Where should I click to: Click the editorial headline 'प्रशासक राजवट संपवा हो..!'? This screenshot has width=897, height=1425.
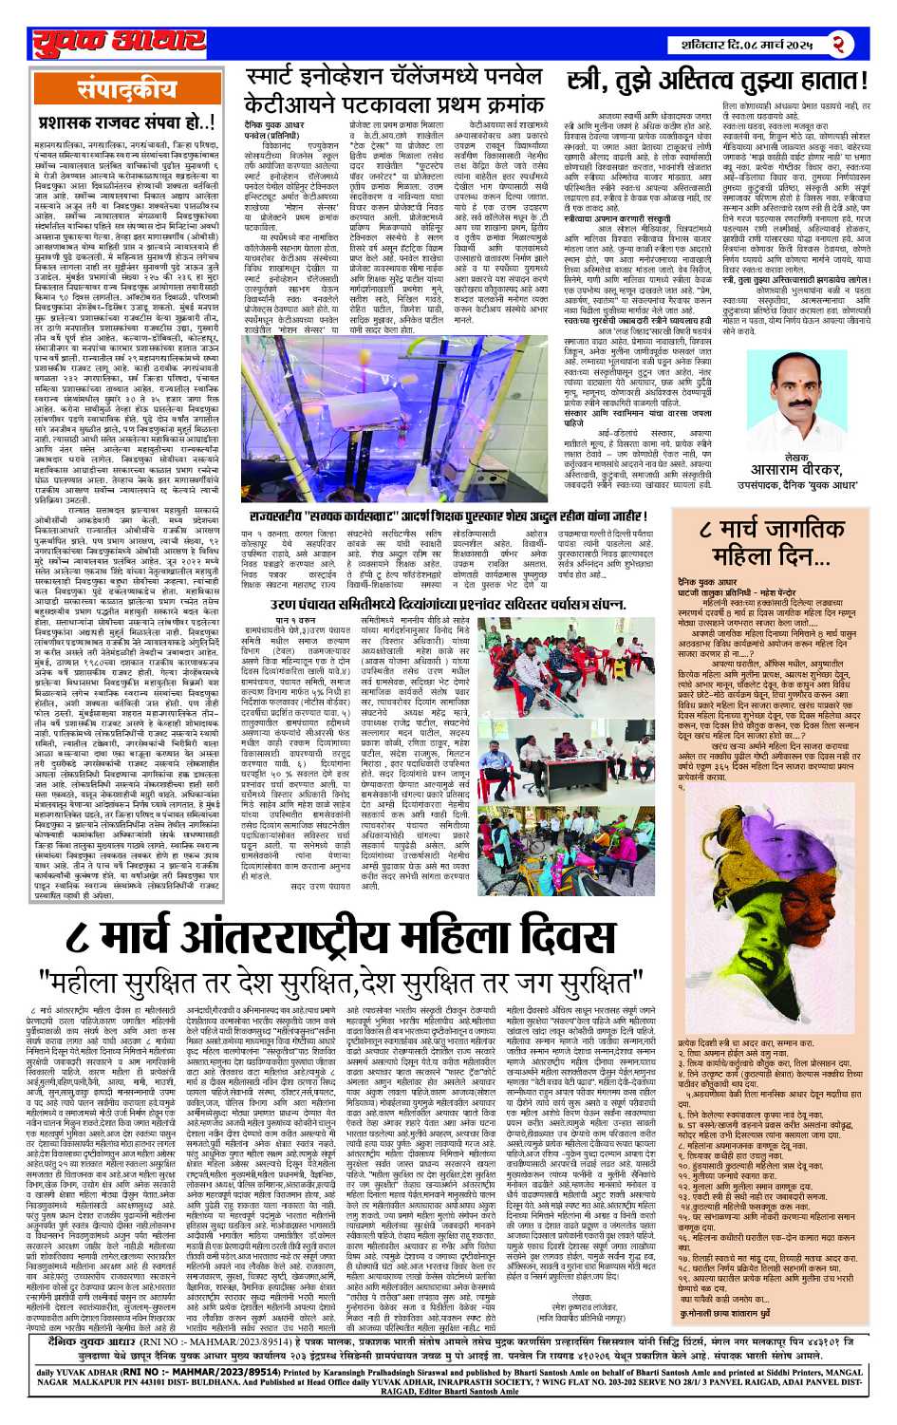tap(126, 122)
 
